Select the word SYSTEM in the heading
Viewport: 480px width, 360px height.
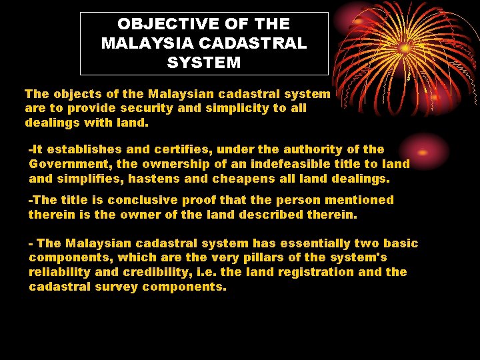pyautogui.click(x=204, y=63)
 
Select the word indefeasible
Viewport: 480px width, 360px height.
pyautogui.click(x=291, y=164)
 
